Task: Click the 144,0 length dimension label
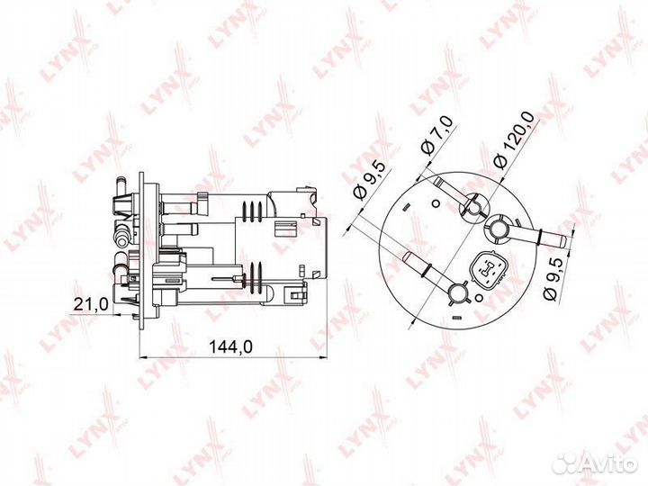[x=230, y=347]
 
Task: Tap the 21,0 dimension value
[x=91, y=304]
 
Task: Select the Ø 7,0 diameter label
[x=436, y=135]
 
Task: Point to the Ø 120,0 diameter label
[x=515, y=140]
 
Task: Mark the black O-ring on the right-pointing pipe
[x=541, y=236]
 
